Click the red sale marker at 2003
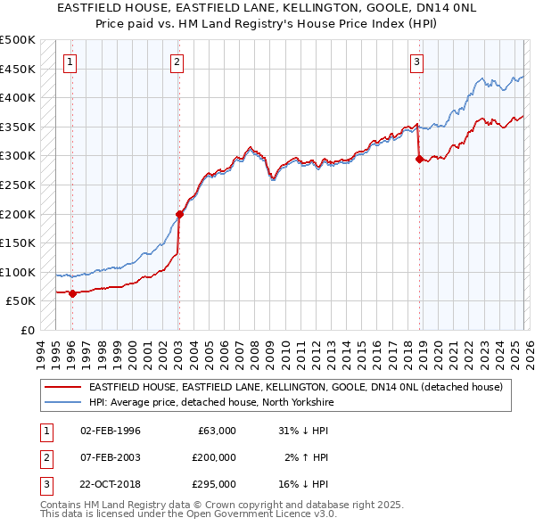179,214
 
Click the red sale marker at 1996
72,293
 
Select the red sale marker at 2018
419,159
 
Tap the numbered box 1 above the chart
70,62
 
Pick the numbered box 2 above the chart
177,62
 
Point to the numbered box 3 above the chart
416,62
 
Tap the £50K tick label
21,301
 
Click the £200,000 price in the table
214,457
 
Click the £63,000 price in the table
217,431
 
